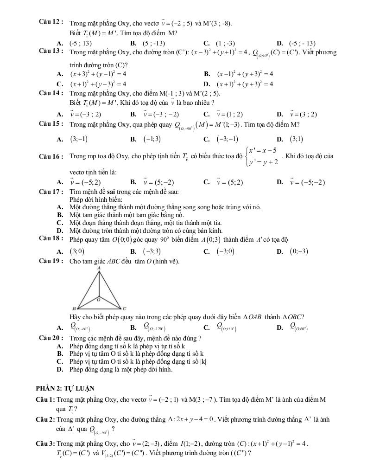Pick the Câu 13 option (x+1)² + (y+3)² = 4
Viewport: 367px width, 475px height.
point(245,84)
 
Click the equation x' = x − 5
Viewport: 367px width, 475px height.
point(263,151)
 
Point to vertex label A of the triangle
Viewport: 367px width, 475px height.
point(99,268)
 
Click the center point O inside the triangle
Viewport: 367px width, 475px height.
point(98,299)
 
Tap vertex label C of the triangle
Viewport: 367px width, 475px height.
point(124,308)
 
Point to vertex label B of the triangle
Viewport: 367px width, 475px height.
point(73,308)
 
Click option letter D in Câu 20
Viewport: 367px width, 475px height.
point(59,370)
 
